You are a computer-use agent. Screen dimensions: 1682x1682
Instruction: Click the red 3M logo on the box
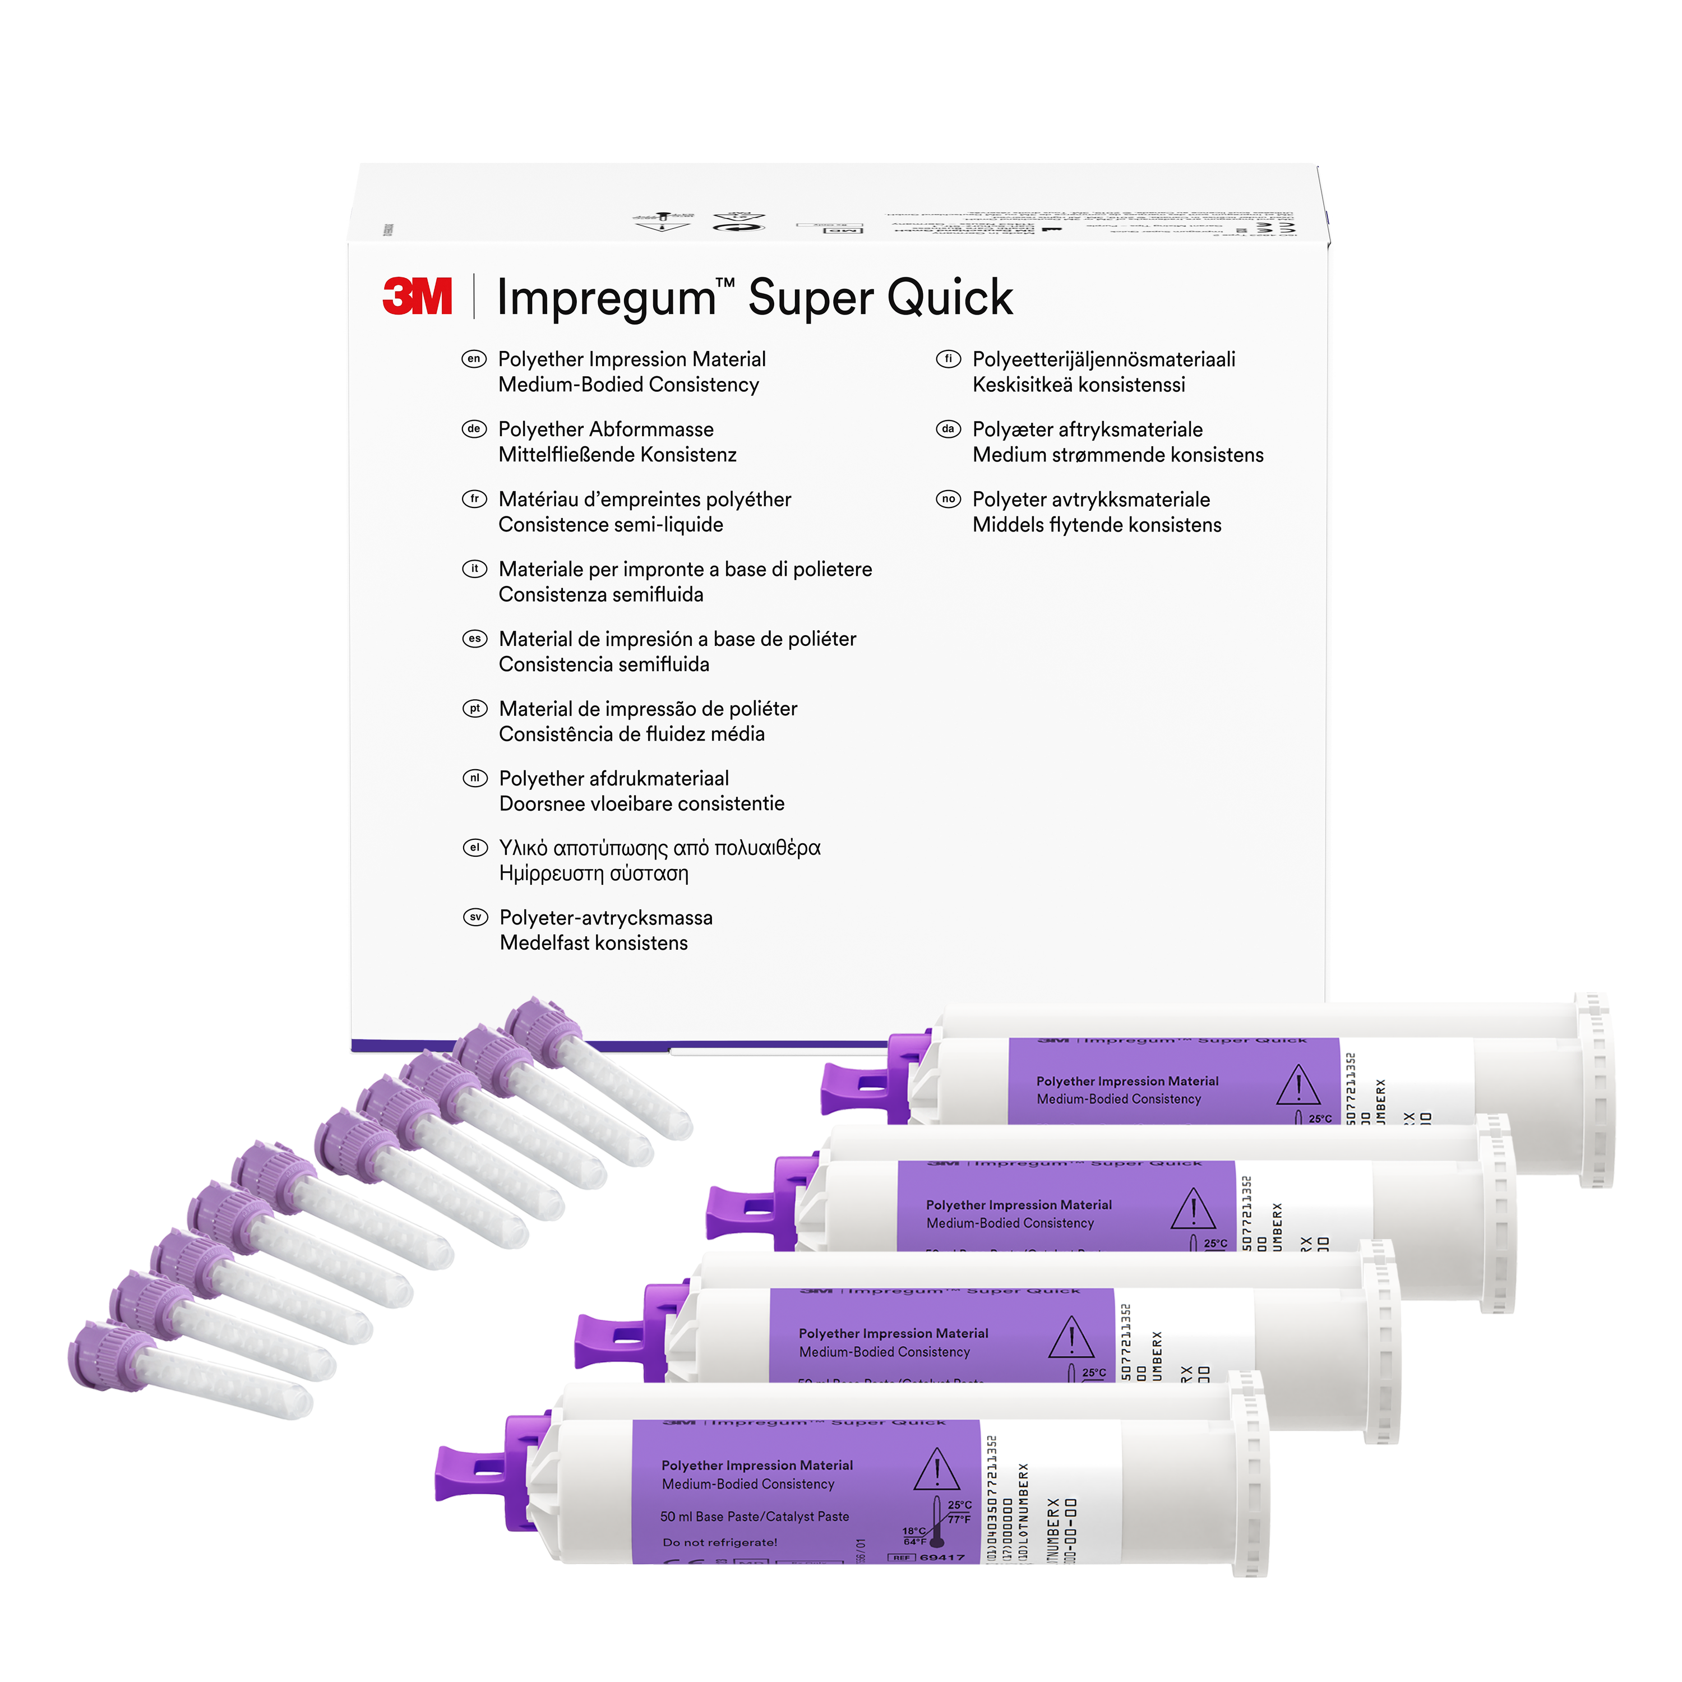pyautogui.click(x=417, y=297)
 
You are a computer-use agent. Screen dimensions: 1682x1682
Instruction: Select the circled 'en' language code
pyautogui.click(x=474, y=359)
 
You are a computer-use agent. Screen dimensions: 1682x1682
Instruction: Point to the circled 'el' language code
pyautogui.click(x=474, y=847)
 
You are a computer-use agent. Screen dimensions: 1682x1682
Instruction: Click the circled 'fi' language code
pyautogui.click(x=948, y=359)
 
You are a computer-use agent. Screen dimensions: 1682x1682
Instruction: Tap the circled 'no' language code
pyautogui.click(x=948, y=499)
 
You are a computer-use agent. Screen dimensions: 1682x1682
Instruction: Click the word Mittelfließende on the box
pyautogui.click(x=567, y=455)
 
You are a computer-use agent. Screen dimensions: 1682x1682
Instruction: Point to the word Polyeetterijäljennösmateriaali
pyautogui.click(x=1103, y=359)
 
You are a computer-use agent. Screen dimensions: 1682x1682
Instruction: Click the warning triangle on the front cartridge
pyautogui.click(x=937, y=1471)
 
